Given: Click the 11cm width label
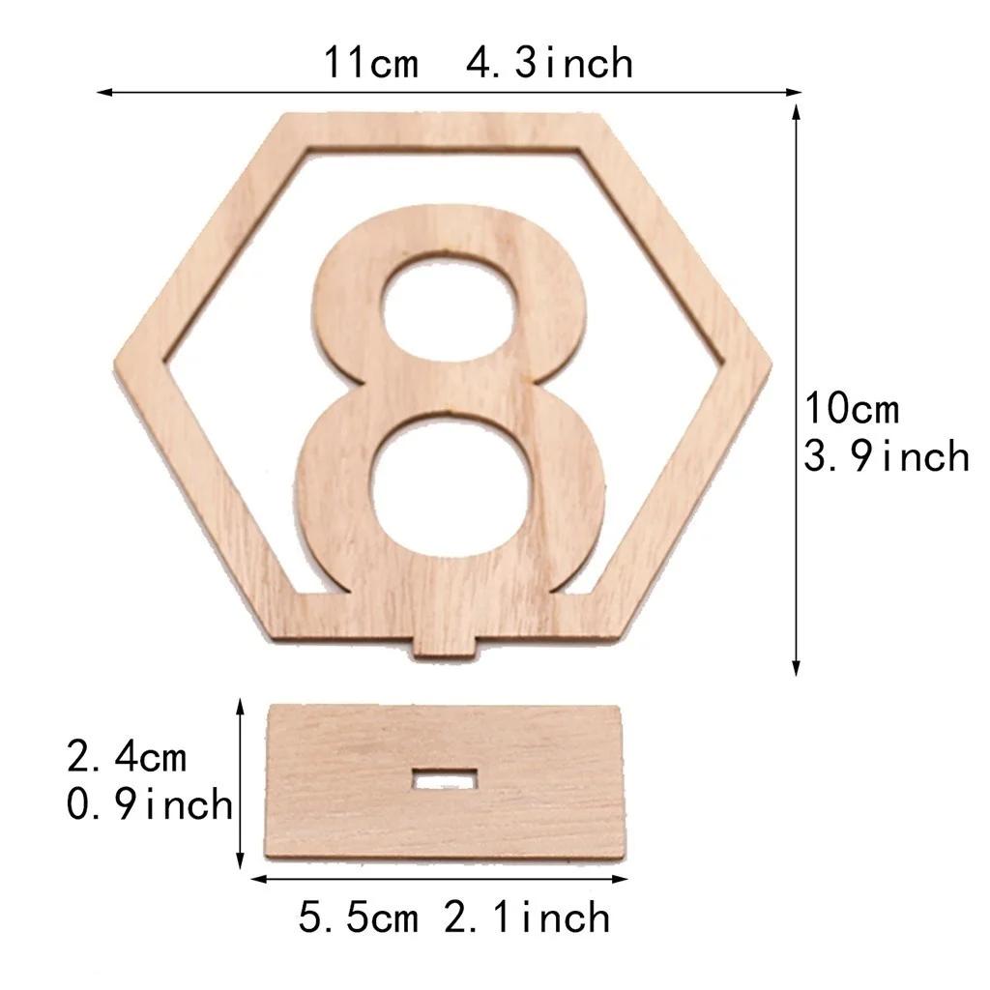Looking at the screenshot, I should (x=371, y=64).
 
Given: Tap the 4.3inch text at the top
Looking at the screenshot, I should (x=549, y=64).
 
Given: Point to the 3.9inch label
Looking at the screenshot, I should (x=887, y=455).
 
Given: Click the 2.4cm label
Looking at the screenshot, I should (x=127, y=757).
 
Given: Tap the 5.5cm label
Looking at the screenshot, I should (x=358, y=917).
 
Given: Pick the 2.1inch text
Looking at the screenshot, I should (x=527, y=917).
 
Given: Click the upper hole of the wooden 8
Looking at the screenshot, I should (x=447, y=311).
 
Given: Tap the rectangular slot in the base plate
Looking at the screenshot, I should (x=444, y=778).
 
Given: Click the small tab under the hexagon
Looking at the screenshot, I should (x=447, y=645).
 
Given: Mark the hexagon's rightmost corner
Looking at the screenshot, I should (x=770, y=364).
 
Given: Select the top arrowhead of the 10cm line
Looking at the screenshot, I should (x=797, y=110).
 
